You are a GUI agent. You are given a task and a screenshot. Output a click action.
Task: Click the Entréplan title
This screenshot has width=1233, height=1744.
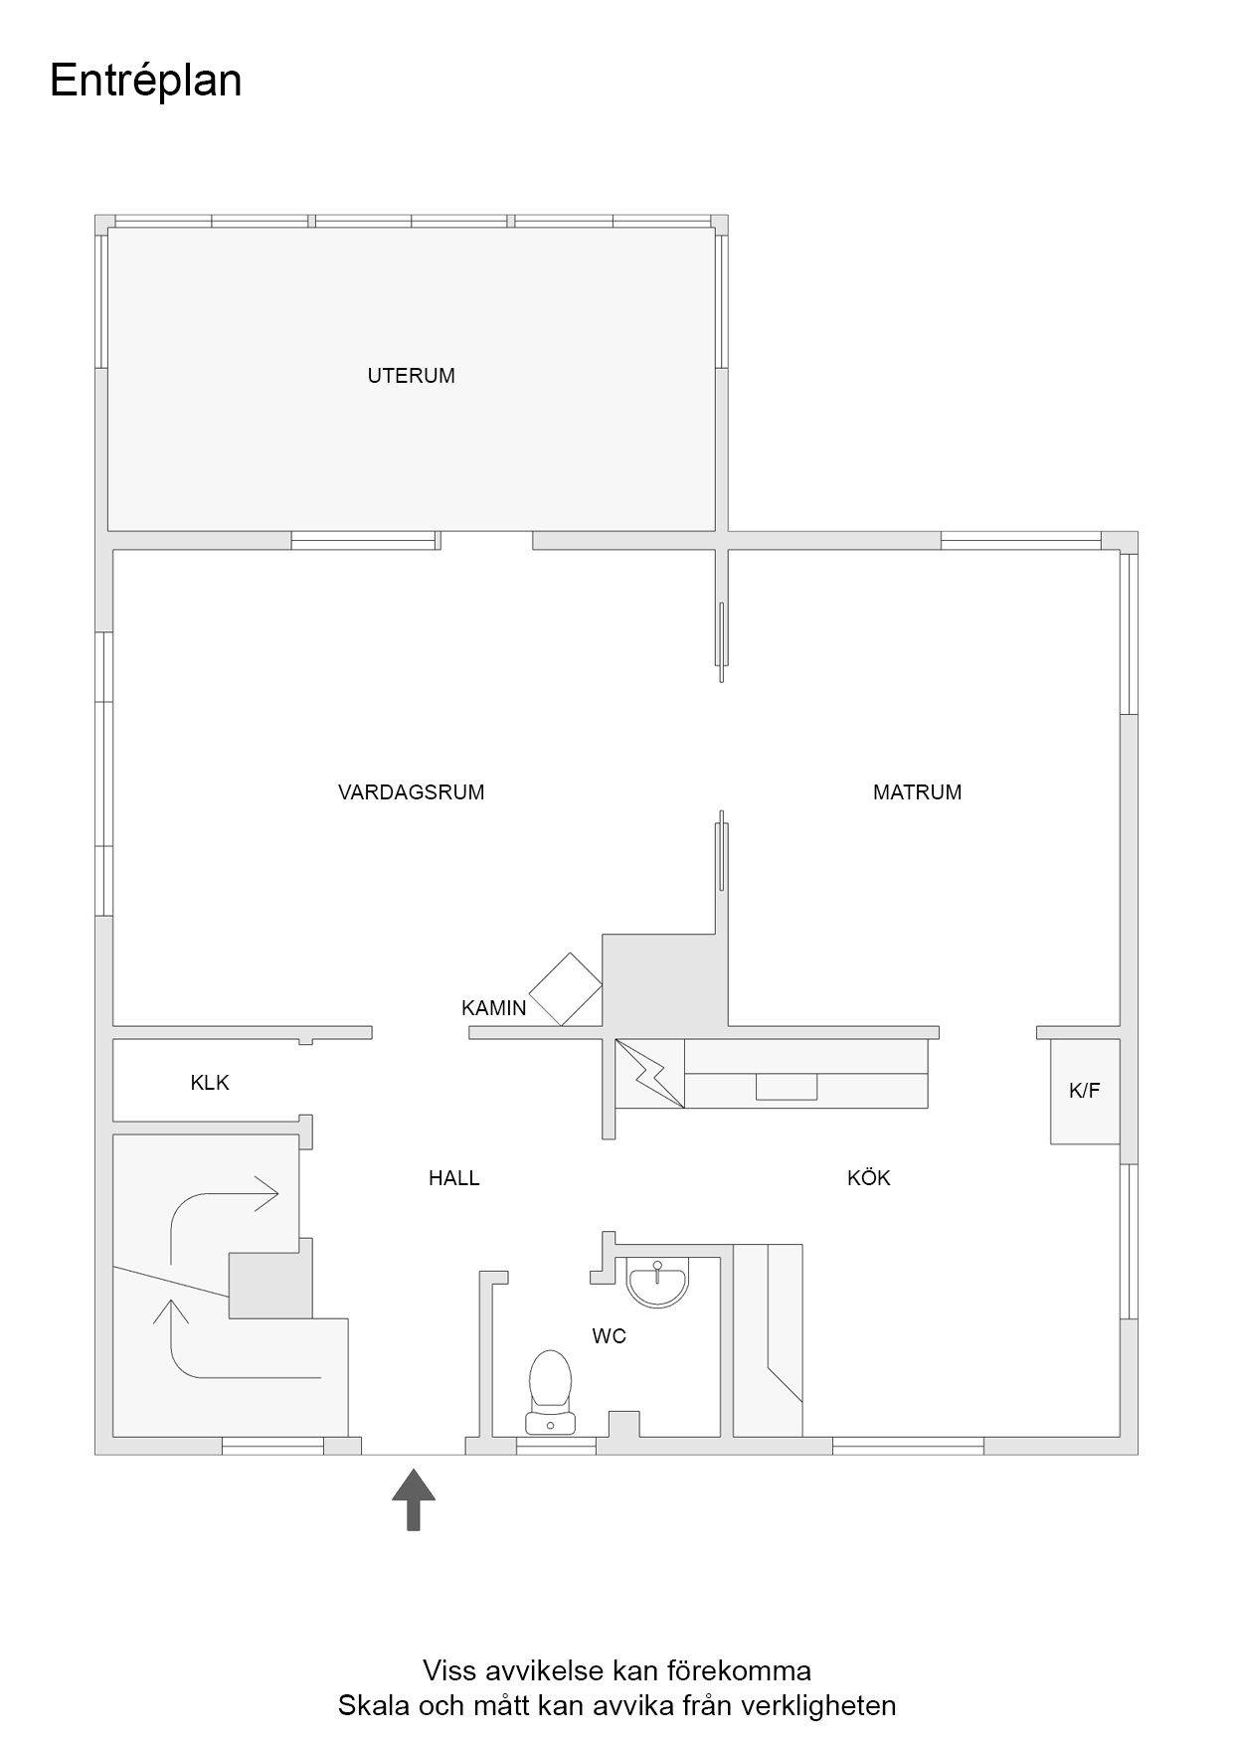point(145,82)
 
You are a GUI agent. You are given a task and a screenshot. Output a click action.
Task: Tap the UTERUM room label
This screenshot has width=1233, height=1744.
point(411,376)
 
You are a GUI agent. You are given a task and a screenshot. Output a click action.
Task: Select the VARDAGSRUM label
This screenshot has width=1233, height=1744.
point(411,792)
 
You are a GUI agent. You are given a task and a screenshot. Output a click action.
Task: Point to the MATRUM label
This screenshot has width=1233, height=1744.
point(917,792)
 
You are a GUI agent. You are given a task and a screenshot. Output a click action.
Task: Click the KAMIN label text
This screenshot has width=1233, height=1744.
point(493,1008)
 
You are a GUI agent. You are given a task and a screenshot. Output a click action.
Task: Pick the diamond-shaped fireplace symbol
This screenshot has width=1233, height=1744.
point(566,989)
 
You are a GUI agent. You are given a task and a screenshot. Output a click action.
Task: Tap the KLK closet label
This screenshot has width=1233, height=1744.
point(210,1083)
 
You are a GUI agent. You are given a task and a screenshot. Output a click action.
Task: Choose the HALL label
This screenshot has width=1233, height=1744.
point(453,1178)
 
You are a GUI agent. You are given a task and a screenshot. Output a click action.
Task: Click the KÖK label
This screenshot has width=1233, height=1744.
point(868,1178)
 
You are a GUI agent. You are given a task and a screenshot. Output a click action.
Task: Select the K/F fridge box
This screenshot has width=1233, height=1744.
point(1085,1091)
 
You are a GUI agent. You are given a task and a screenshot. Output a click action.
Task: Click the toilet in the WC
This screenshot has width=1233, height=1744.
point(551,1391)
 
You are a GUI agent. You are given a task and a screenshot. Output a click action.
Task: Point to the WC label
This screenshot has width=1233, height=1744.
point(609,1336)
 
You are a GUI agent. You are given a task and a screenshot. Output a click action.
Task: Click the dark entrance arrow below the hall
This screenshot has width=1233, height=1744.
point(414,1499)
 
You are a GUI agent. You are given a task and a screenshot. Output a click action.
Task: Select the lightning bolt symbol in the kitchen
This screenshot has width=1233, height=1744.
point(649,1073)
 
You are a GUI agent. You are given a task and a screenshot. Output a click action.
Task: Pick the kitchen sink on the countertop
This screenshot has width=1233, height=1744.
point(787,1087)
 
